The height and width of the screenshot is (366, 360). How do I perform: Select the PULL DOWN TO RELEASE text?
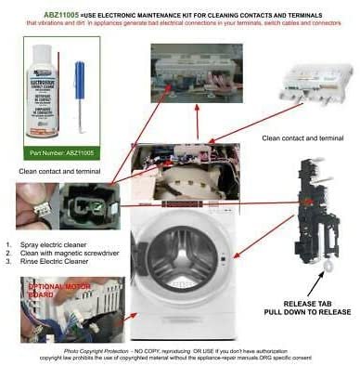coord(306,317)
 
